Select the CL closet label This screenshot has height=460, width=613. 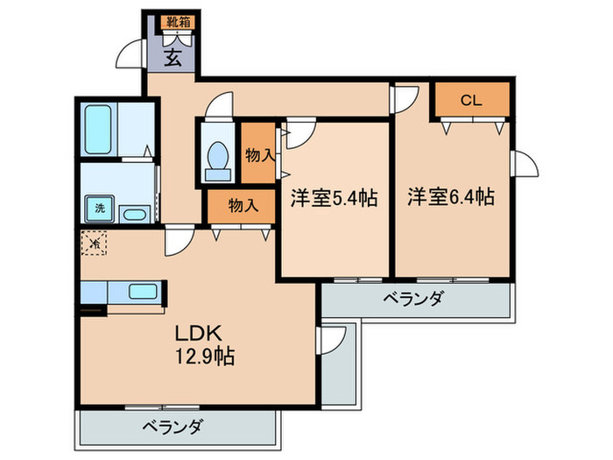coord(472,101)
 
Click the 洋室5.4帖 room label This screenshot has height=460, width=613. coord(334,199)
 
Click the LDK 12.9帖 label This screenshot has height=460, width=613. coord(204,345)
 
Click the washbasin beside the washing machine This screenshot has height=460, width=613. coord(134,213)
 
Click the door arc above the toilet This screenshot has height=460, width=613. coord(218,107)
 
